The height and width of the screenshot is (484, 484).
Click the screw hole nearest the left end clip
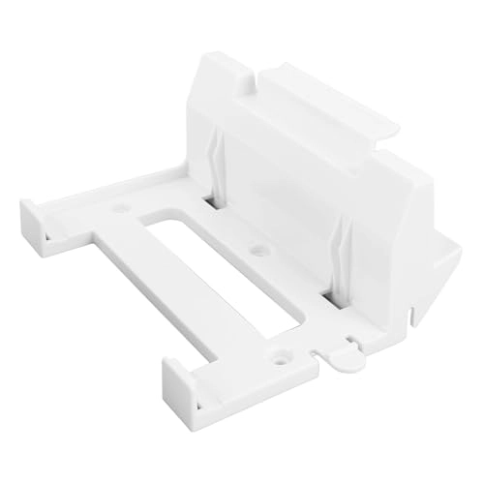[123, 207]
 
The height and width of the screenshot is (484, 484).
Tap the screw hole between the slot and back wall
[257, 250]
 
